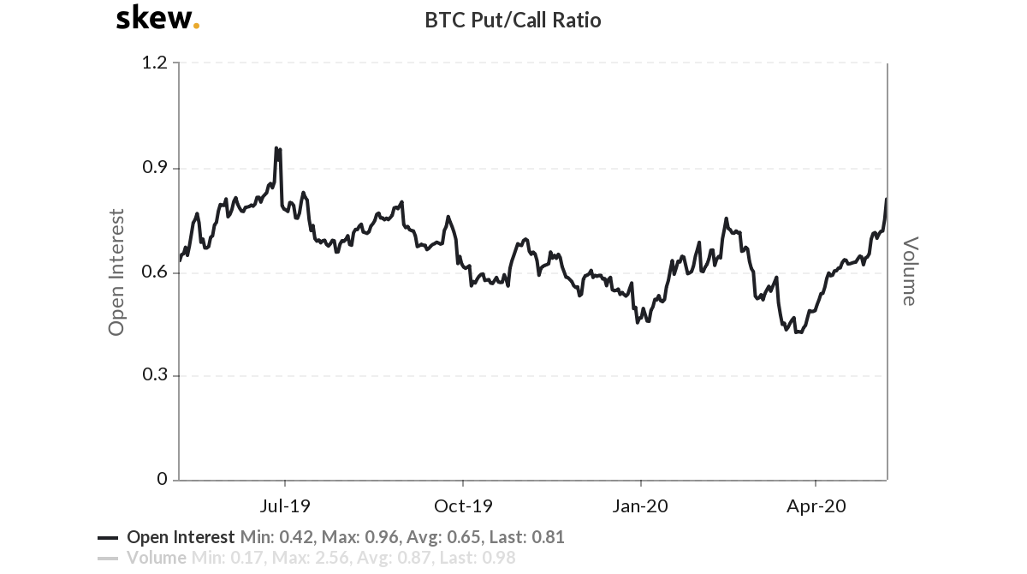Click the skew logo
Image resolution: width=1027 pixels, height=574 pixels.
point(157,17)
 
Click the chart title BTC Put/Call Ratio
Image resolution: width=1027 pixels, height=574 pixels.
point(513,21)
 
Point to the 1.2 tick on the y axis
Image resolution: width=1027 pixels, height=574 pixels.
point(155,63)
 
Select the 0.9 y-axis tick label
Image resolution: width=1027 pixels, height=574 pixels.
point(155,167)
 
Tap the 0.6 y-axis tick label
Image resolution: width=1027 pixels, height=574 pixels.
point(155,272)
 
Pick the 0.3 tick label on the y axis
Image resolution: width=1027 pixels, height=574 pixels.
point(155,374)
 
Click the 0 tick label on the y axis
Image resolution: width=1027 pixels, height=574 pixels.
point(163,479)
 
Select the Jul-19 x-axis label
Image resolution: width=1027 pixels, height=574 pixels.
point(285,505)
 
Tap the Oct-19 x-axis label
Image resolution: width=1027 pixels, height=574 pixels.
point(463,505)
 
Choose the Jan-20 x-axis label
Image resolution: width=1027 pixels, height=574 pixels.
point(640,505)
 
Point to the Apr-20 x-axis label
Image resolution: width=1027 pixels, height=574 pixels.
point(816,505)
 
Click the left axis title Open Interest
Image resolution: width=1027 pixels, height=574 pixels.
point(116,272)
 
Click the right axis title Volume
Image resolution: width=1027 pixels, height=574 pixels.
point(910,272)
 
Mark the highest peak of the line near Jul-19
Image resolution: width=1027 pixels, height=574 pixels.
point(276,147)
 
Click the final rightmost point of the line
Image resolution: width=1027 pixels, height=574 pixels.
point(887,199)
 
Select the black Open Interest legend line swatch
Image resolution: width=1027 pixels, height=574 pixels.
point(108,538)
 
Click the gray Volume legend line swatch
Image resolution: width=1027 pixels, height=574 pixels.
point(108,559)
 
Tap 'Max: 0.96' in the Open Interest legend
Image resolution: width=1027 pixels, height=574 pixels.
point(360,537)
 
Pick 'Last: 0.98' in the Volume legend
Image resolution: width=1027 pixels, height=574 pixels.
point(478,558)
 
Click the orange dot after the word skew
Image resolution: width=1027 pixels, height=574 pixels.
point(196,26)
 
